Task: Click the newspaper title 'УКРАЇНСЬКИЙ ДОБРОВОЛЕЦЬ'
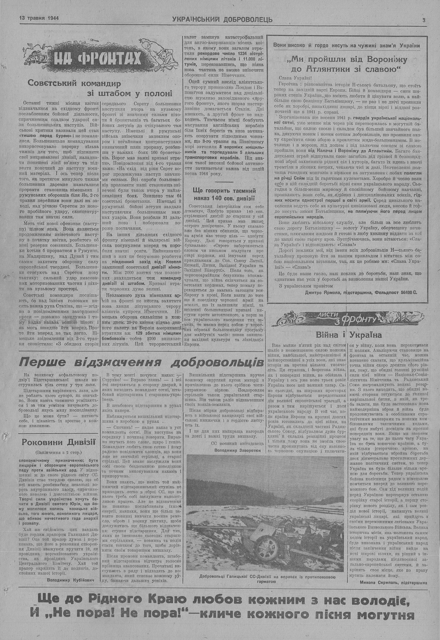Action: pyautogui.click(x=222, y=20)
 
